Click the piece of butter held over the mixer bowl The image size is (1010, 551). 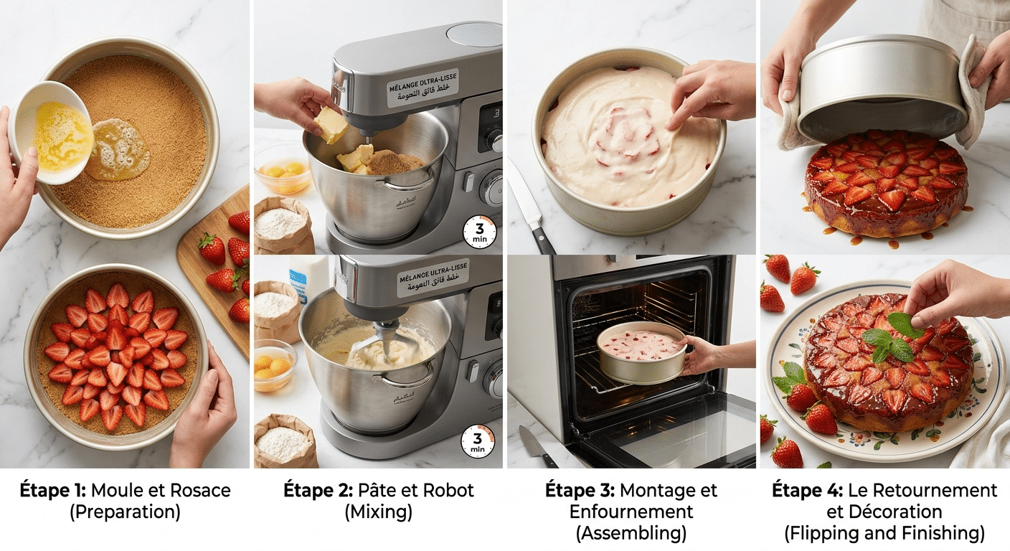tap(331, 124)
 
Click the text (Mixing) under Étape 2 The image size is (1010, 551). tap(378, 512)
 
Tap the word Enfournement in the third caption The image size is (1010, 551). tap(631, 512)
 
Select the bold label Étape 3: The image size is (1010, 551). tap(580, 491)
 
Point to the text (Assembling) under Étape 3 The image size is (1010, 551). tap(631, 534)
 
